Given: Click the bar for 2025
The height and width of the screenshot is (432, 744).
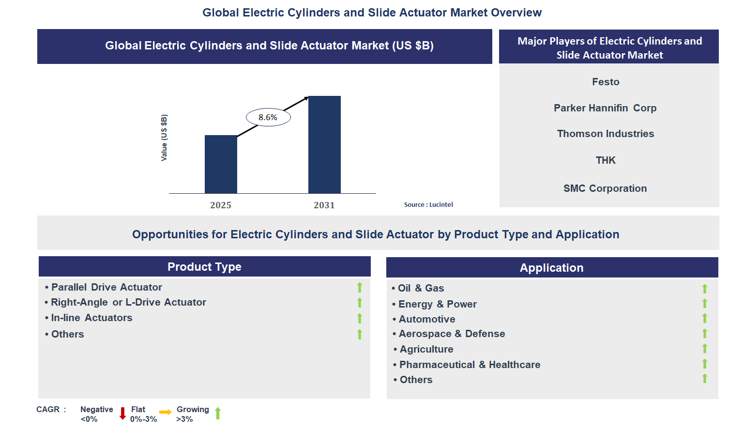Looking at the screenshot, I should (221, 164).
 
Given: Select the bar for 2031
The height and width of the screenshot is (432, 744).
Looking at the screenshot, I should (324, 145).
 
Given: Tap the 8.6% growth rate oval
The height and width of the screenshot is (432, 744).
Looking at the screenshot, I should (268, 117).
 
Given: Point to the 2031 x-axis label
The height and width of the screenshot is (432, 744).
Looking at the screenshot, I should (324, 205).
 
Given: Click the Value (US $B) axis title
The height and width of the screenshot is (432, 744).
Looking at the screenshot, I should (164, 138).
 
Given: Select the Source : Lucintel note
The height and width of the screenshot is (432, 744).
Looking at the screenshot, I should (428, 205).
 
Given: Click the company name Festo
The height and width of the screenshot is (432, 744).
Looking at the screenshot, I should (606, 82).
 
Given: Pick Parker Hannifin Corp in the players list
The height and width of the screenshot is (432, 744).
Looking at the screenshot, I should (605, 108).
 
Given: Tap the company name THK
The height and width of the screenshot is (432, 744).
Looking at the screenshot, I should (606, 160).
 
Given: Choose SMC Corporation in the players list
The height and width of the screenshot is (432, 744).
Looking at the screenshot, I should (605, 188).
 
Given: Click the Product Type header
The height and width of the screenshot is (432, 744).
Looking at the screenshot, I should (204, 267).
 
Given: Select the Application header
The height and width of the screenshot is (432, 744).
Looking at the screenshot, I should (551, 268).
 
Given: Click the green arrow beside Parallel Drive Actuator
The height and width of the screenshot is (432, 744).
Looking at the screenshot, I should (360, 287).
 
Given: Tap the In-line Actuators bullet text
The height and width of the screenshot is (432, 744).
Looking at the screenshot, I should (91, 318).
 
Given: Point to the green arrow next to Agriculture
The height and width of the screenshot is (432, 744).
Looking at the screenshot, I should (705, 349).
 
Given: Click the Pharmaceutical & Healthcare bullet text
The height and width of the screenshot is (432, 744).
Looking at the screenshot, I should (470, 365).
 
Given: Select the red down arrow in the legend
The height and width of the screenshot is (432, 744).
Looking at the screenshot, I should (122, 413).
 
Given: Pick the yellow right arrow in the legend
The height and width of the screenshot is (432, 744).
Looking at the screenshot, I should (166, 412).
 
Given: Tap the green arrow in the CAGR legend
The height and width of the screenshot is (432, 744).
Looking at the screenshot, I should (218, 413).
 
